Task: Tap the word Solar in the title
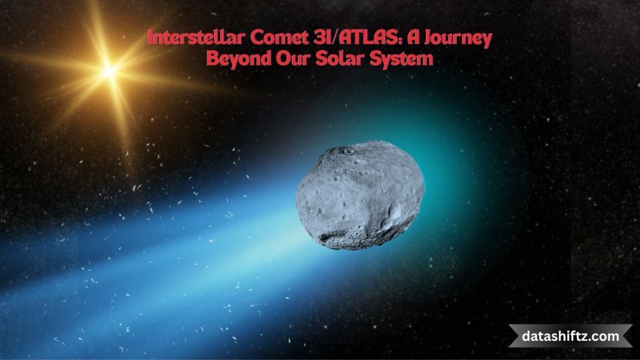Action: coord(338,58)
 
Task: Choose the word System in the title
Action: coord(399,58)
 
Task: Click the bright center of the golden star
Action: coord(110,71)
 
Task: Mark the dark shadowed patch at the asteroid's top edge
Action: coord(346,152)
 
